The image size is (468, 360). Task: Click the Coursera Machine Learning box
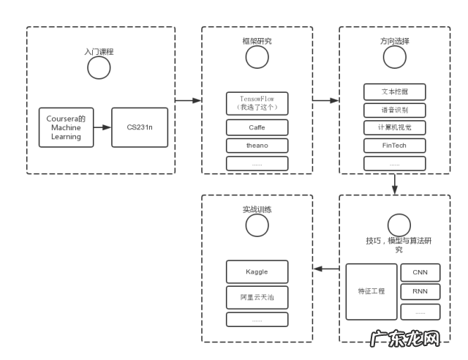pyautogui.click(x=66, y=127)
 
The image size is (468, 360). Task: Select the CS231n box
pyautogui.click(x=139, y=127)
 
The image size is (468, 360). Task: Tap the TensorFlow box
pyautogui.click(x=257, y=103)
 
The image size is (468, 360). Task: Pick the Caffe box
pyautogui.click(x=257, y=127)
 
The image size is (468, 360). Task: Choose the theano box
pyautogui.click(x=257, y=146)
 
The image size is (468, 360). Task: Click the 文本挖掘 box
pyautogui.click(x=394, y=93)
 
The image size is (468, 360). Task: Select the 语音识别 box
pyautogui.click(x=394, y=110)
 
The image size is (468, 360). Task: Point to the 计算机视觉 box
pyautogui.click(x=394, y=128)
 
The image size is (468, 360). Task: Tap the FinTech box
pyautogui.click(x=394, y=146)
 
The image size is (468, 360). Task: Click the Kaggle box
pyautogui.click(x=257, y=272)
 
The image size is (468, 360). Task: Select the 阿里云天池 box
pyautogui.click(x=257, y=297)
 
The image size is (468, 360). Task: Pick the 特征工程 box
pyautogui.click(x=371, y=291)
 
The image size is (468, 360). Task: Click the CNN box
pyautogui.click(x=420, y=272)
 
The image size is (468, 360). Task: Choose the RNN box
pyautogui.click(x=420, y=291)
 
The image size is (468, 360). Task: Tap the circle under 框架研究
pyautogui.click(x=257, y=57)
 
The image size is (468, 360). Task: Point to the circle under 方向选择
pyautogui.click(x=395, y=57)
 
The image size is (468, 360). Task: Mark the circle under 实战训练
pyautogui.click(x=257, y=225)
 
